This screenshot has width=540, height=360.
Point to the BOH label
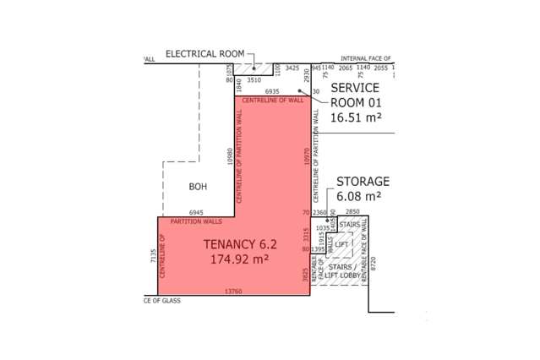click(x=198, y=186)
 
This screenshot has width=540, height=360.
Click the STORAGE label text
click(x=363, y=182)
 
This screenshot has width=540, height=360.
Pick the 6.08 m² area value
click(x=359, y=196)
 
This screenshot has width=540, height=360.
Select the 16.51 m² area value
click(x=356, y=117)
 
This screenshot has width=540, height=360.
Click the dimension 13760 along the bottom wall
click(x=233, y=292)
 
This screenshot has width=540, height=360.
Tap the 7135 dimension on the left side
click(x=153, y=255)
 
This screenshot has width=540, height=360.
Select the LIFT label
click(x=341, y=244)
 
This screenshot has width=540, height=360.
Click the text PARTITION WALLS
click(x=196, y=221)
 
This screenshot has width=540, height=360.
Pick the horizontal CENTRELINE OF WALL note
click(x=272, y=100)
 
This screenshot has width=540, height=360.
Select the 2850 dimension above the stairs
click(x=352, y=211)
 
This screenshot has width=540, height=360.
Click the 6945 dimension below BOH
click(x=196, y=212)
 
